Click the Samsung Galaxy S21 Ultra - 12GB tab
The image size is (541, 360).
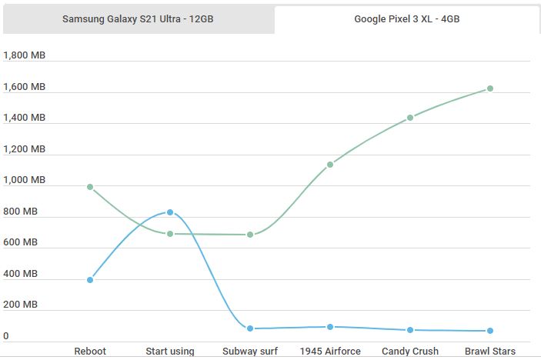[138, 19]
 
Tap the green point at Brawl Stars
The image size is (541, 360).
[490, 88]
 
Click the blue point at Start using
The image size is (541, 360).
[170, 212]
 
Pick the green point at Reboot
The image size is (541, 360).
[90, 187]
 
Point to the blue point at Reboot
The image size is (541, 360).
[90, 280]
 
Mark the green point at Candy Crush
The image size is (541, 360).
[410, 118]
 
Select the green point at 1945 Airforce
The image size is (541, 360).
[330, 165]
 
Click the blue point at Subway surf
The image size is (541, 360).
[250, 328]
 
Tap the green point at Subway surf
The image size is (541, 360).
[250, 235]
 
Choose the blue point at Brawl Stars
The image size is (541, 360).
[490, 331]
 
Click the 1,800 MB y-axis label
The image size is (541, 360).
[25, 55]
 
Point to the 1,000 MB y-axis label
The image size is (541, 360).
[25, 180]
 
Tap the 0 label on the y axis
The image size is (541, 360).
[6, 336]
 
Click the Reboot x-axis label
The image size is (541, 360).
[90, 352]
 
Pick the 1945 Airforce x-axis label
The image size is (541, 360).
[330, 352]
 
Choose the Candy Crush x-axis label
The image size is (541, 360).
[410, 352]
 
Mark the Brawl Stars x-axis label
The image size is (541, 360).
[490, 352]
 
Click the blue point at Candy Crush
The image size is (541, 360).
[410, 330]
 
